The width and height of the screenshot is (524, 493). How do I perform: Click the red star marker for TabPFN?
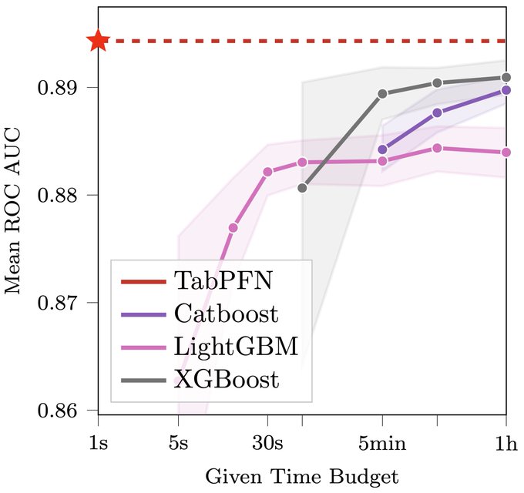98,41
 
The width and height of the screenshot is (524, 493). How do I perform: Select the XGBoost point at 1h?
506,77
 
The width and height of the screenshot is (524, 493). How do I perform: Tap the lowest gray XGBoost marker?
302,187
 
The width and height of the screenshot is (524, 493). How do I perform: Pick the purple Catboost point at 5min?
382,149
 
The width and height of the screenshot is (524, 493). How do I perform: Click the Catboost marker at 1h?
506,89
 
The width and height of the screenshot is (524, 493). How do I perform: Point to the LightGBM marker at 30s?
267,172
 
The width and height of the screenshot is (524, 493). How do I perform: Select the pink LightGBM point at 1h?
506,153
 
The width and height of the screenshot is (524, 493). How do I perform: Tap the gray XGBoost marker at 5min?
382,94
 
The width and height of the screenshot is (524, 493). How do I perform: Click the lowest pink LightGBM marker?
233,227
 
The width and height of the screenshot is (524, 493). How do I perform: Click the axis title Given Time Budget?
301,475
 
